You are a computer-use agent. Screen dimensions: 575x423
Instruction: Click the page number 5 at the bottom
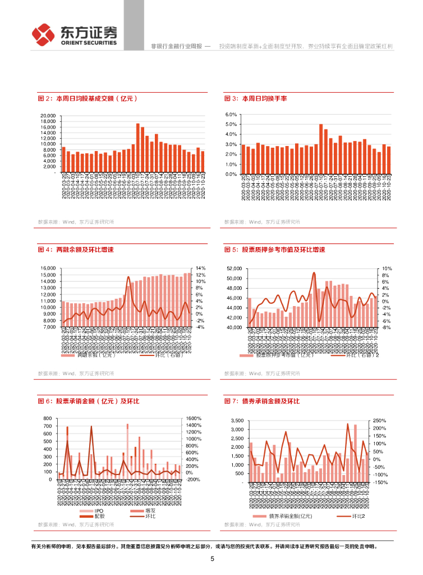pyautogui.click(x=212, y=559)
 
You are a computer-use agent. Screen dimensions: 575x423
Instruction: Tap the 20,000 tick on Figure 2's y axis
pyautogui.click(x=48, y=116)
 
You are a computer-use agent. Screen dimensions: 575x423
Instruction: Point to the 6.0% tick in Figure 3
pyautogui.click(x=232, y=115)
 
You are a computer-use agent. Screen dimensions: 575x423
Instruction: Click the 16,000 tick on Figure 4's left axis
pyautogui.click(x=48, y=268)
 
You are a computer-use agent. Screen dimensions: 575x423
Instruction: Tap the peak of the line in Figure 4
pyautogui.click(x=129, y=277)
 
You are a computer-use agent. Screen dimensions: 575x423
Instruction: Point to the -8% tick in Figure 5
pyautogui.click(x=387, y=327)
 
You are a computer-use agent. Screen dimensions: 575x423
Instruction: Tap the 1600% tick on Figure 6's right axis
pyautogui.click(x=194, y=419)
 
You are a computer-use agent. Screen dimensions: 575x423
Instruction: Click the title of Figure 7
pyautogui.click(x=262, y=401)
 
